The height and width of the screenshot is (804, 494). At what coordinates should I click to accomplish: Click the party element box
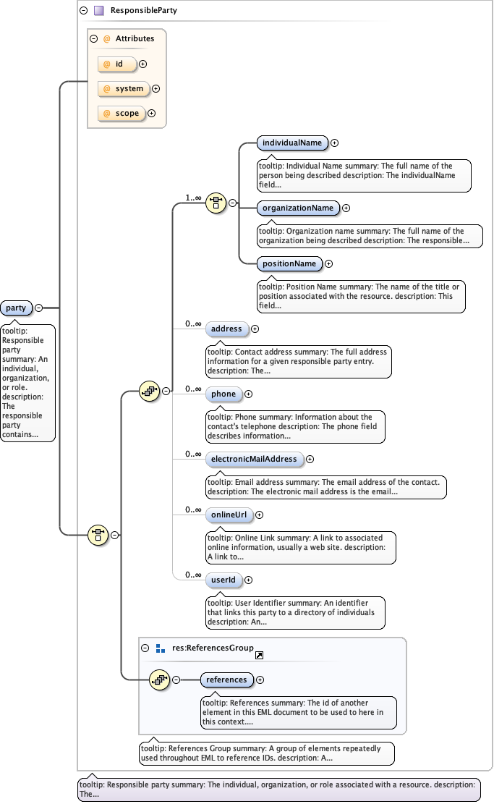coord(16,308)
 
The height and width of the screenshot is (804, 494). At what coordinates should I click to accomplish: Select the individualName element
coord(292,143)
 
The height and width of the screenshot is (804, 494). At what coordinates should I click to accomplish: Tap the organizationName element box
coord(298,208)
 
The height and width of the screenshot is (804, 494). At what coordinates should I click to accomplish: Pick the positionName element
coord(289,263)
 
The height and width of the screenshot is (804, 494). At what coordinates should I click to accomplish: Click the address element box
coord(226,329)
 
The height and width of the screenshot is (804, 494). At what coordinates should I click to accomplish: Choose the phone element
coord(223,394)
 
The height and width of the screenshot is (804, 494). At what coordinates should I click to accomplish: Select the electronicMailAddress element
coord(254,459)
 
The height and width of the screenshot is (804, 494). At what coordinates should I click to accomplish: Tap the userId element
coord(223,580)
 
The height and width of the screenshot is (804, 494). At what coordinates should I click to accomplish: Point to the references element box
coord(226,680)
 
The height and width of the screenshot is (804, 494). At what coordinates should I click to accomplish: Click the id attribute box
coord(118,64)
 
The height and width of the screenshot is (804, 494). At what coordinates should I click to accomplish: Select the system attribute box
coord(124,88)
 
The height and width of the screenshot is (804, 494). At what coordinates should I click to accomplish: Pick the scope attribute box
coord(122,113)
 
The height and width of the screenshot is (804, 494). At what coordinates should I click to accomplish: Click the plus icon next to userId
coord(249,580)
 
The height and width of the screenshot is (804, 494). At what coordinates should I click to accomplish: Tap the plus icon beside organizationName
coord(346,208)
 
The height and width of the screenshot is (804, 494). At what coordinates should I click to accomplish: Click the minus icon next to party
coord(38,308)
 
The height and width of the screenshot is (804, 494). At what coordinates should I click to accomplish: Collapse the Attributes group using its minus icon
coord(93,38)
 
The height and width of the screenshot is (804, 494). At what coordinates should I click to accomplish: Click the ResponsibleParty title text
coord(143,11)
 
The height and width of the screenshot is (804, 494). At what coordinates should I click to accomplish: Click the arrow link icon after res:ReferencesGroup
coord(259,654)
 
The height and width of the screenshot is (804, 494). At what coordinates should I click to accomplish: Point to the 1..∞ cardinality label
coord(193,198)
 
